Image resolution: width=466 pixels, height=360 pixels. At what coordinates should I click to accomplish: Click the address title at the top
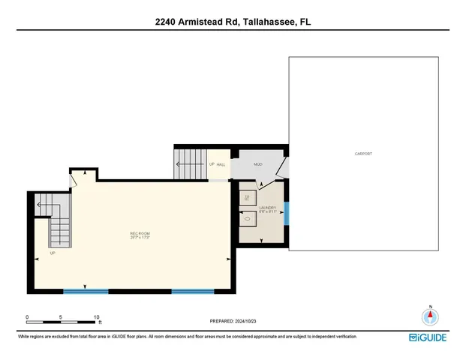233,22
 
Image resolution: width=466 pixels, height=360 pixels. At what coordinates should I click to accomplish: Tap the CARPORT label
363,154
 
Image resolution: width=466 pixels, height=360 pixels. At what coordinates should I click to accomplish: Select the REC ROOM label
140,235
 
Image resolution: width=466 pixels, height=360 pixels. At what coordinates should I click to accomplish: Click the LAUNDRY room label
268,208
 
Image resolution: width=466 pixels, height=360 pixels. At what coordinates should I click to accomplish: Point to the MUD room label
257,163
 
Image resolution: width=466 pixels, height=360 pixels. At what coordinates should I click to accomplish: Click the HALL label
221,164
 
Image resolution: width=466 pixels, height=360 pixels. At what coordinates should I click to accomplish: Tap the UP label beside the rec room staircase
53,253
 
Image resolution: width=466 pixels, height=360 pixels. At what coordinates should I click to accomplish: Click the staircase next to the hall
191,163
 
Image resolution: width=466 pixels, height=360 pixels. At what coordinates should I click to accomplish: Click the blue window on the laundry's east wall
286,212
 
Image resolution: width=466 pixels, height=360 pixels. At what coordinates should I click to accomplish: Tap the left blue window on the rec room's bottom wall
84,290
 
